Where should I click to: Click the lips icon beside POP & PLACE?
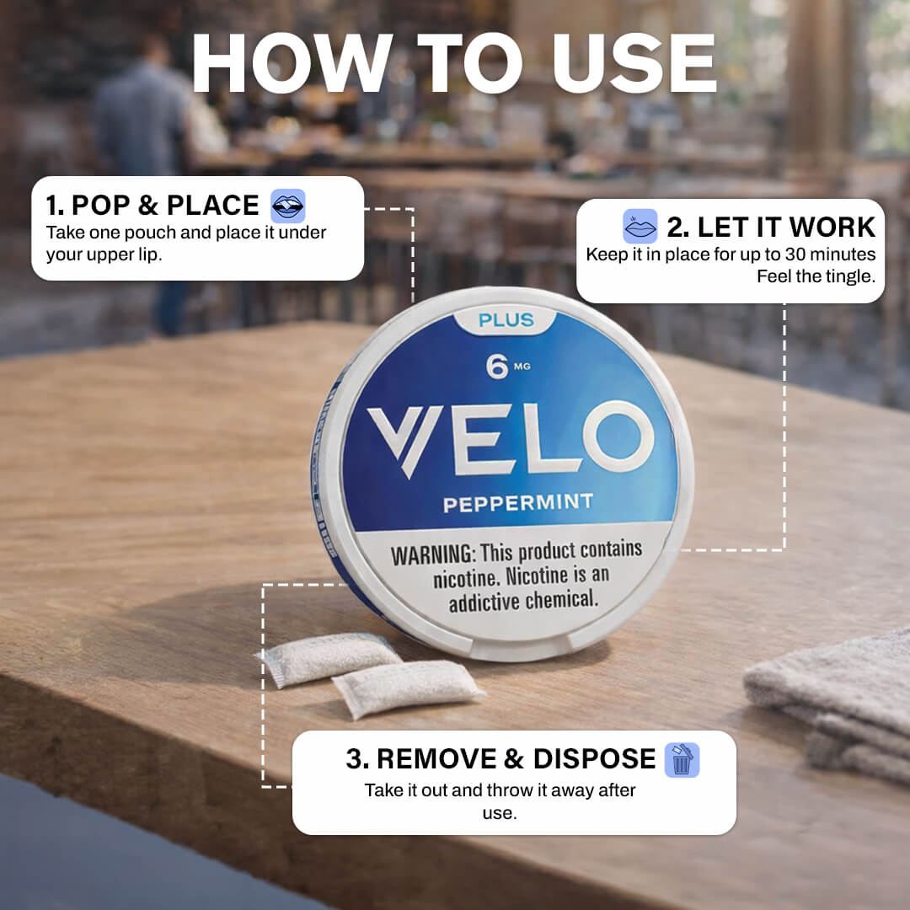click(x=288, y=206)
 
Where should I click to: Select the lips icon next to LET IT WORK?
click(x=640, y=227)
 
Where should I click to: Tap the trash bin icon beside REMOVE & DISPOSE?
click(x=682, y=760)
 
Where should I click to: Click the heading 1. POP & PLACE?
click(x=153, y=206)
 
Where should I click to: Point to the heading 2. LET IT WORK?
click(x=771, y=227)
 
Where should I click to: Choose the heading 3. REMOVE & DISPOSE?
click(x=500, y=759)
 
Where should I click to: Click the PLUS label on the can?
click(x=506, y=320)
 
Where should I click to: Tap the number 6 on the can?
click(x=497, y=367)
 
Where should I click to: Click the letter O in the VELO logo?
click(x=619, y=436)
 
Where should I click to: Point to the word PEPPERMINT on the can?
click(x=518, y=503)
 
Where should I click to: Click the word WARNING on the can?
click(x=433, y=554)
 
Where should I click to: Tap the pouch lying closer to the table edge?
click(x=408, y=689)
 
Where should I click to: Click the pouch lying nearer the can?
click(x=328, y=659)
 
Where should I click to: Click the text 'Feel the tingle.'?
click(x=816, y=276)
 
